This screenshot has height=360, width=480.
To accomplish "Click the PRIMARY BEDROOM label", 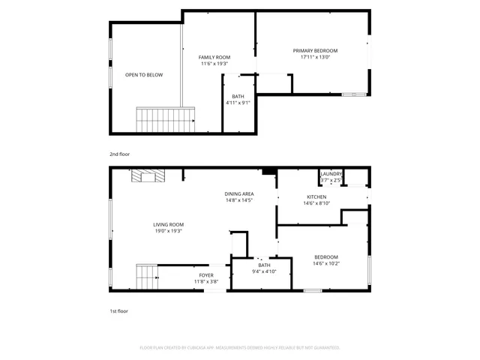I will (x=315, y=51).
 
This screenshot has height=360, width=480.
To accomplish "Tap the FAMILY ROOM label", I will (x=214, y=58).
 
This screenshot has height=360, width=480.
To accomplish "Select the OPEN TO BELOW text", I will (x=143, y=75).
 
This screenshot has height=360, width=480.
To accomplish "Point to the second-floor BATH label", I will (x=238, y=97).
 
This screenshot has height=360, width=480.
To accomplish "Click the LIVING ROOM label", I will (x=169, y=225).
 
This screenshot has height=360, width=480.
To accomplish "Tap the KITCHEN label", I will (x=315, y=197).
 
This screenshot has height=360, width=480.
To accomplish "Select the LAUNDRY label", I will (x=331, y=174).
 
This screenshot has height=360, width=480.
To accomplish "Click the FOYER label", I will (x=206, y=276).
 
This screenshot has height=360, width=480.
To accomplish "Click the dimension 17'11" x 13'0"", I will (x=315, y=57).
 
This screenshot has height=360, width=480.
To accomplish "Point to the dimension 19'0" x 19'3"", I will (x=169, y=231).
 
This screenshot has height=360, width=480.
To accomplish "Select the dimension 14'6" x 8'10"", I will (x=315, y=203).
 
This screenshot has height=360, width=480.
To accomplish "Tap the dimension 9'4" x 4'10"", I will (x=264, y=271).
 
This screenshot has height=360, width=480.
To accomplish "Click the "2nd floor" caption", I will (x=119, y=154).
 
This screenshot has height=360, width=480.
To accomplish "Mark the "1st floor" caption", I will (x=118, y=310).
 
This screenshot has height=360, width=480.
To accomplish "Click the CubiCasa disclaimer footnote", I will (x=240, y=347).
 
